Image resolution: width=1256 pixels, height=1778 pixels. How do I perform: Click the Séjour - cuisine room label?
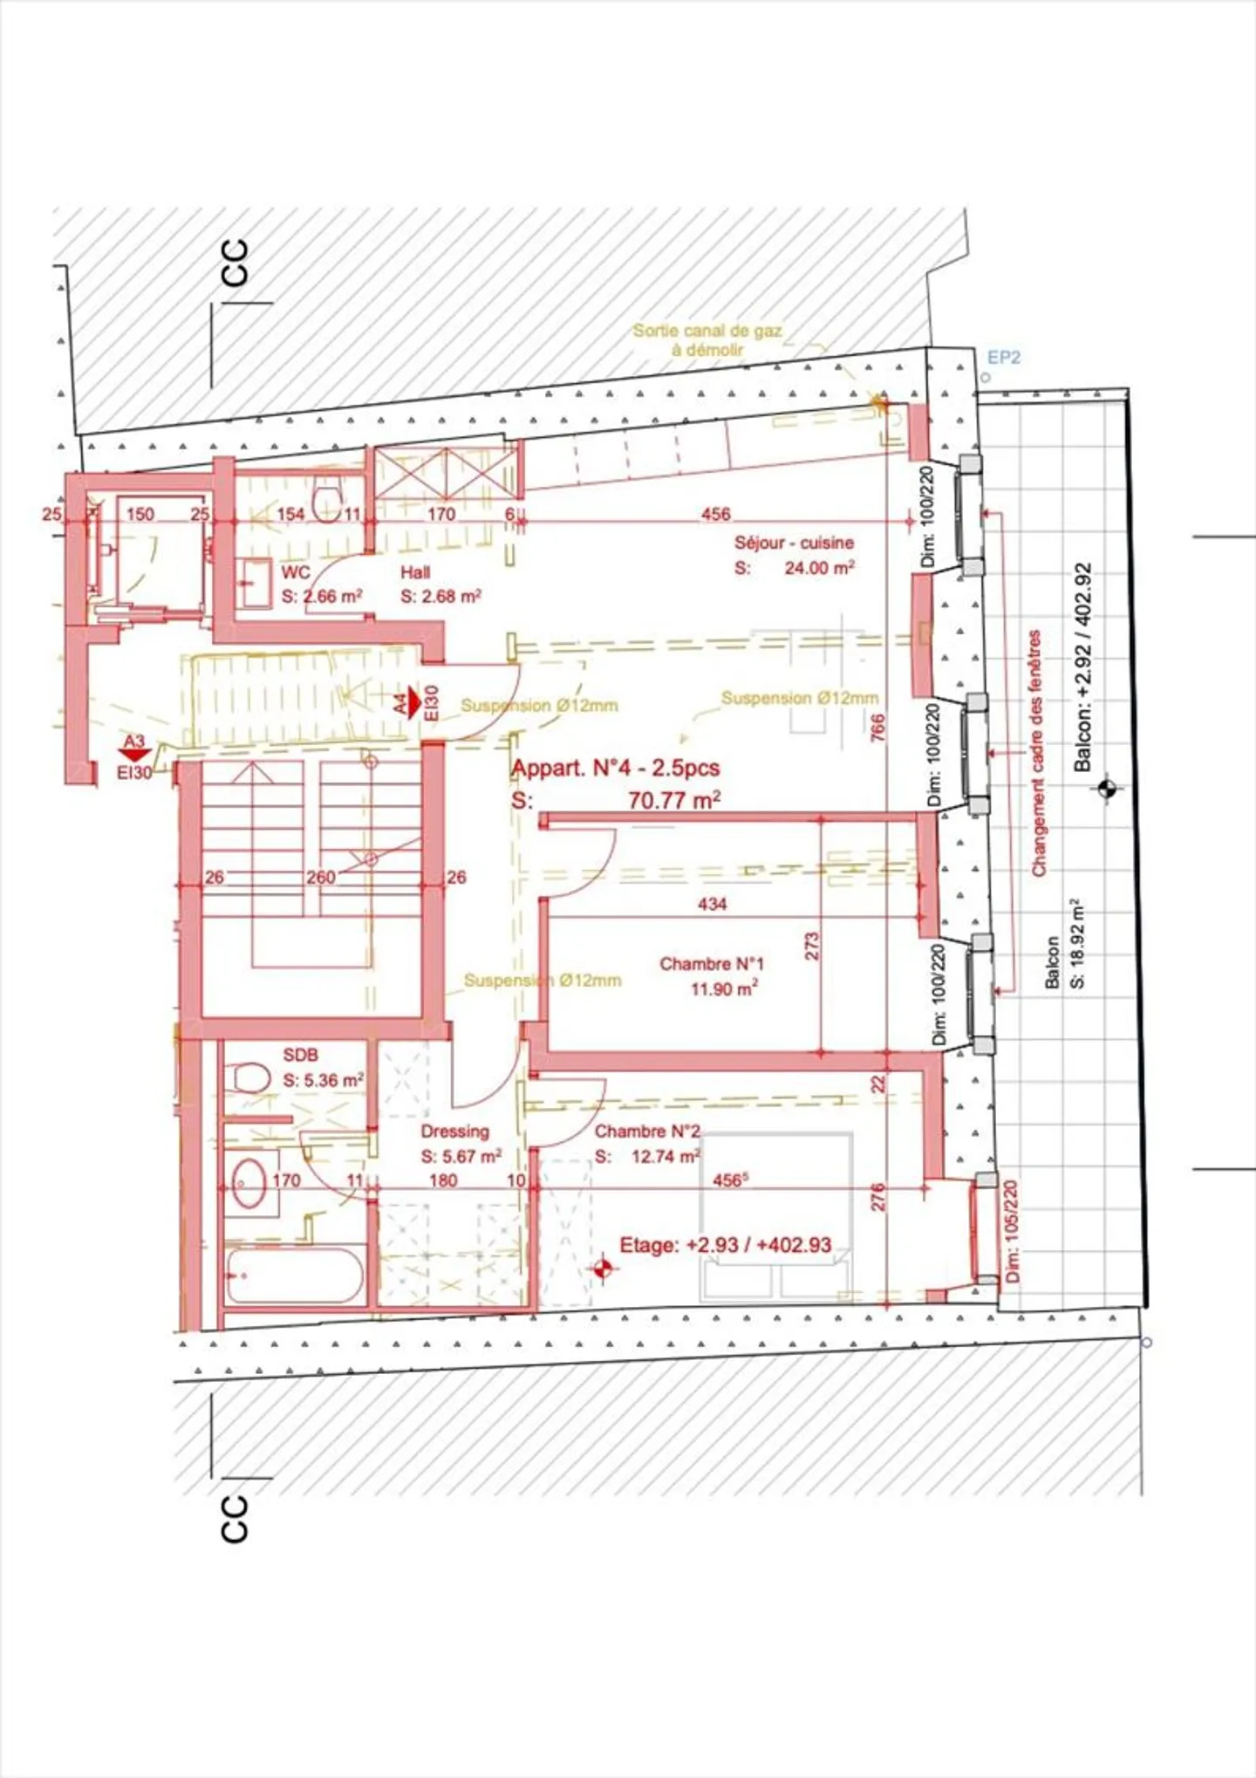click(x=794, y=543)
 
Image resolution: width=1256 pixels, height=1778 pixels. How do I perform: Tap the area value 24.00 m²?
click(x=819, y=568)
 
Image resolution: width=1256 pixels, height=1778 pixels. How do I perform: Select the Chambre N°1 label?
click(x=712, y=964)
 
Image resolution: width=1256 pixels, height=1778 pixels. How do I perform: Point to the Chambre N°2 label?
click(x=647, y=1132)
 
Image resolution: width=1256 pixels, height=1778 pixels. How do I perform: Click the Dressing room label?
click(x=454, y=1132)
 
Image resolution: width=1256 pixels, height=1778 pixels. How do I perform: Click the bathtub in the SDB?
click(x=294, y=1275)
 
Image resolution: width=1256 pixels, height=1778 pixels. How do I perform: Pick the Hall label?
click(x=415, y=573)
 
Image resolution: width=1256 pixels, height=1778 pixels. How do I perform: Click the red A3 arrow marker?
click(x=134, y=749)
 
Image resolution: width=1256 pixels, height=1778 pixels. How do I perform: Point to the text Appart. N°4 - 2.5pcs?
click(x=616, y=769)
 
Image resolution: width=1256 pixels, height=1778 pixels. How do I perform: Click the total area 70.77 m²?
click(x=673, y=799)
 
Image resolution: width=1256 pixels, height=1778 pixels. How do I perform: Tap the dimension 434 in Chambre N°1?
click(x=712, y=905)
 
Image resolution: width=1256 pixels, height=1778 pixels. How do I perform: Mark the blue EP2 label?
click(x=1003, y=358)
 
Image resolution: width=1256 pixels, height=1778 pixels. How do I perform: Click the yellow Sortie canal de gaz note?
click(x=707, y=339)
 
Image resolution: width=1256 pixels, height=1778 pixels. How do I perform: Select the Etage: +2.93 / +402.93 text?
click(x=725, y=1245)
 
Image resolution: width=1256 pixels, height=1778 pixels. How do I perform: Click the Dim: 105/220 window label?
click(x=1012, y=1231)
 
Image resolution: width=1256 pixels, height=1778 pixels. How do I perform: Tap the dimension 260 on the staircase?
click(x=320, y=878)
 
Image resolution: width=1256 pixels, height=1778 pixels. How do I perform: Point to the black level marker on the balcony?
click(x=1108, y=790)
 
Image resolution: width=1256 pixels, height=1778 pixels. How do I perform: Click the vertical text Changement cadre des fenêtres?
click(x=1036, y=753)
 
